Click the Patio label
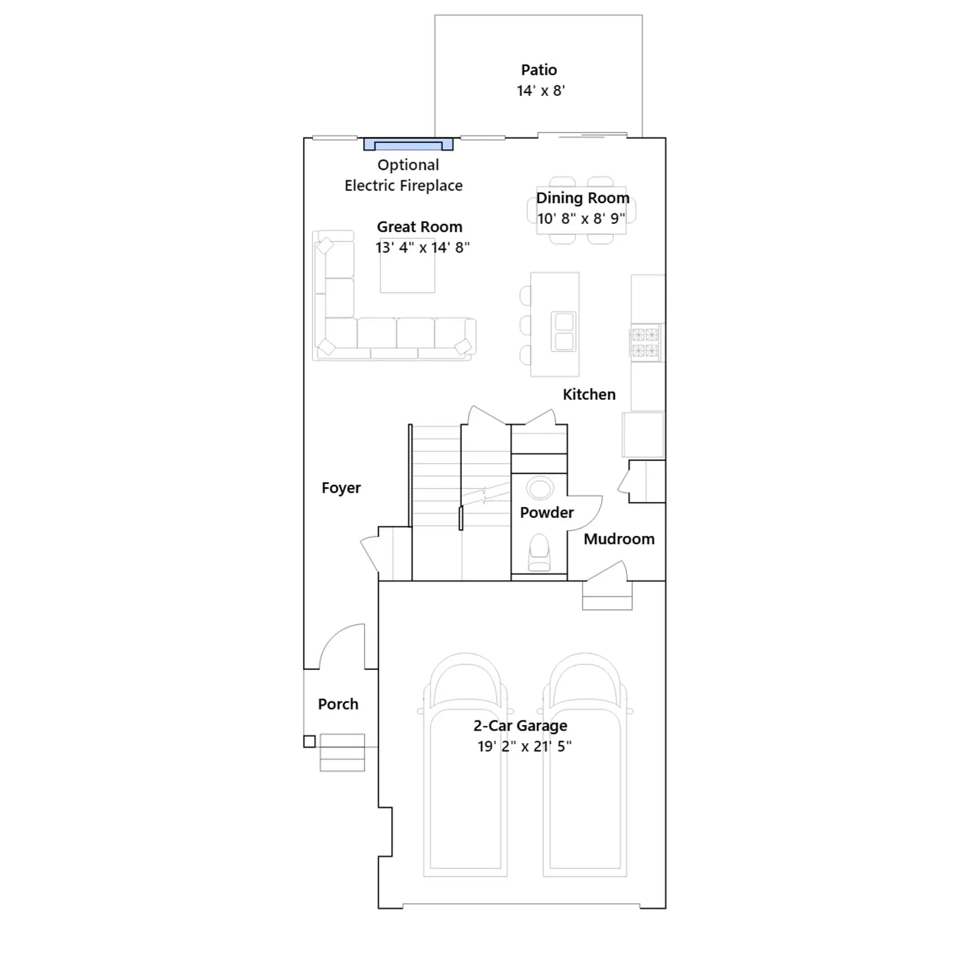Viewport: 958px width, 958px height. coord(539,70)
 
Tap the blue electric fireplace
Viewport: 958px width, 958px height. coord(408,144)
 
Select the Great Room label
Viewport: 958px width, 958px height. coord(420,227)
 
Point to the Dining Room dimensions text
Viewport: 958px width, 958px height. coord(581,219)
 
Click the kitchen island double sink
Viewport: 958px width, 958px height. coord(563,331)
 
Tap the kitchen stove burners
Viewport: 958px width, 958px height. coord(645,342)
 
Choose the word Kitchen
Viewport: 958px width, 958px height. coord(589,395)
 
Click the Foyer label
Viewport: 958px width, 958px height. coord(341,488)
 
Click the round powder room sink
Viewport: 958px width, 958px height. coord(540,488)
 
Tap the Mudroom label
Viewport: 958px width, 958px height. coord(619,539)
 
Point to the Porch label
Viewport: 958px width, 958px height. coord(338,704)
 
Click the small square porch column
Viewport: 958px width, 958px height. coord(310,742)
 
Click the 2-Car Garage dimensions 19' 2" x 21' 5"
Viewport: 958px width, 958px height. coord(525,747)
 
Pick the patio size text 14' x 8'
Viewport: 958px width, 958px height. coord(541,91)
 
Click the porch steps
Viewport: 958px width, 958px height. coord(342,753)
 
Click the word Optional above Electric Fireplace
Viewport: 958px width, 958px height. coord(408,165)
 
